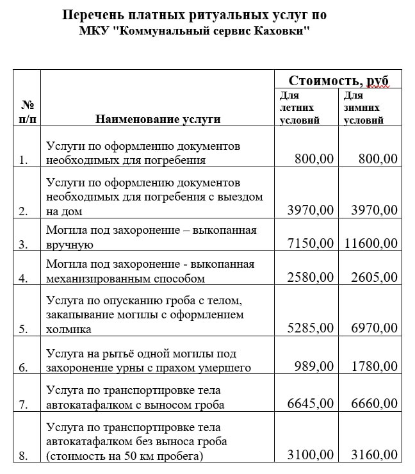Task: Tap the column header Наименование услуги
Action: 158,118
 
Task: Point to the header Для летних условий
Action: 299,108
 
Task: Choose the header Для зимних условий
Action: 363,108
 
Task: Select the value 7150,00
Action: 307,243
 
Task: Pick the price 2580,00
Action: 307,277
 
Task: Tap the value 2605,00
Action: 371,277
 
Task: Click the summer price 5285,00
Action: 307,328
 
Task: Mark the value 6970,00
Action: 371,328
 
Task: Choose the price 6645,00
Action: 307,404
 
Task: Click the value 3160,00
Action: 371,455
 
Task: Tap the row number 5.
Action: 24,329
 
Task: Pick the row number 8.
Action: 24,456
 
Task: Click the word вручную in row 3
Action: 70,245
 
